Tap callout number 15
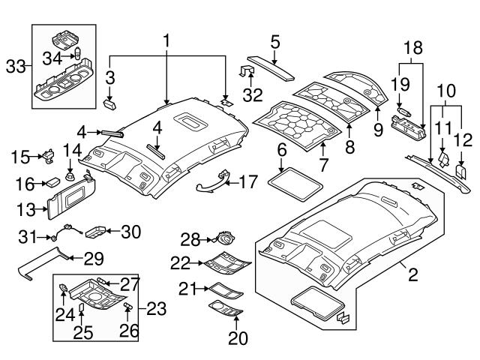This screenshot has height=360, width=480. point(20,157)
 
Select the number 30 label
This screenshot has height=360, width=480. point(130,232)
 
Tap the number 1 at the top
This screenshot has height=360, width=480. point(168,40)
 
